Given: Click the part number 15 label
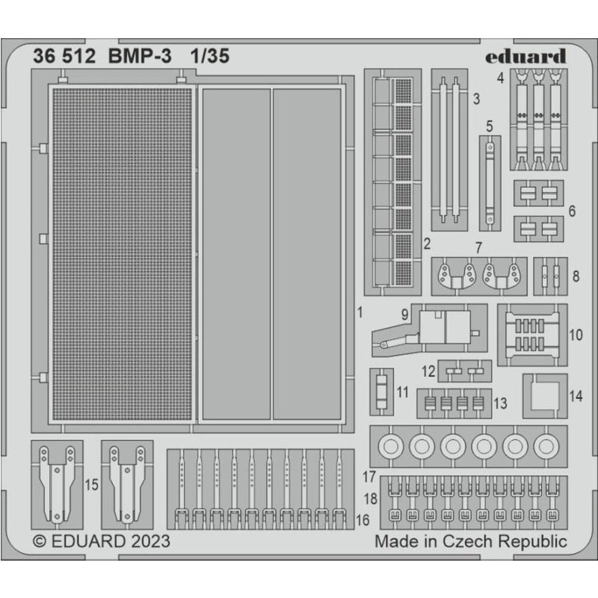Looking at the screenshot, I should pos(91,485).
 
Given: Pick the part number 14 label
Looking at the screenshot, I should pos(575,398).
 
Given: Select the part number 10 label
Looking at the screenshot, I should pos(575,335).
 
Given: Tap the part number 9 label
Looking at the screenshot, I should pos(404,315).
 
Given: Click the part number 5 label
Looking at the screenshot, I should pos(490,125).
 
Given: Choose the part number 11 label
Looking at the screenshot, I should pos(403,391).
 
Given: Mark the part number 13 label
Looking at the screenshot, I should pos(500,404).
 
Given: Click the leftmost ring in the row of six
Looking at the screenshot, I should pos(391,447).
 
